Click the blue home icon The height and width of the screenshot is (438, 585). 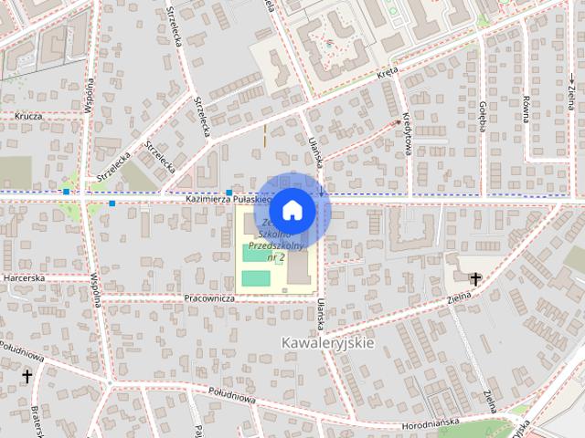pyautogui.click(x=292, y=210)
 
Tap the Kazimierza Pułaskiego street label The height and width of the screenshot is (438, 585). pyautogui.click(x=225, y=198)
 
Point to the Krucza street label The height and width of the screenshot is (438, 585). pyautogui.click(x=29, y=116)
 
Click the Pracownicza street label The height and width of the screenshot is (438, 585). pyautogui.click(x=209, y=298)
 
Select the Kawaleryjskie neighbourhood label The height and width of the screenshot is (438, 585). pyautogui.click(x=328, y=342)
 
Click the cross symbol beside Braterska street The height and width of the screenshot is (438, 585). pyautogui.click(x=27, y=375)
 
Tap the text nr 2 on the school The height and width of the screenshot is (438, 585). pyautogui.click(x=275, y=258)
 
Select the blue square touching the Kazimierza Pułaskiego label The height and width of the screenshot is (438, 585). pyautogui.click(x=229, y=192)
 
